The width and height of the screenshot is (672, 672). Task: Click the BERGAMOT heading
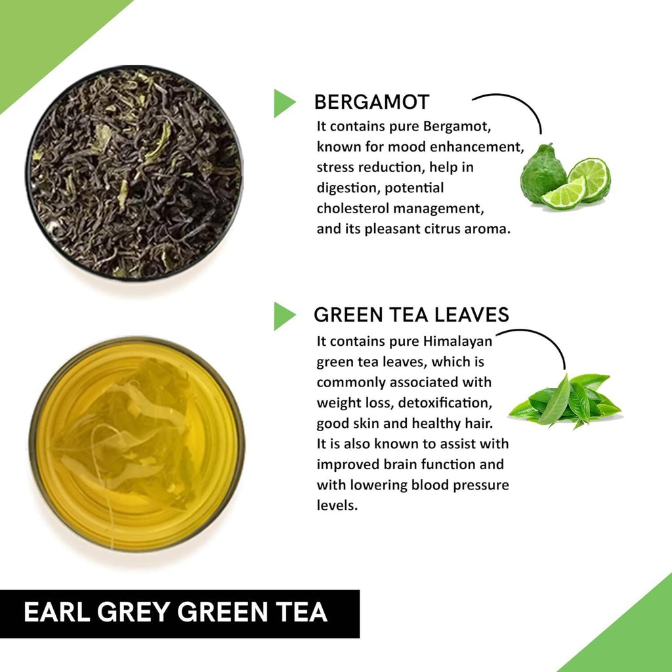coord(371,102)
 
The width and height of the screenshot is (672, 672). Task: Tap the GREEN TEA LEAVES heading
coord(411,315)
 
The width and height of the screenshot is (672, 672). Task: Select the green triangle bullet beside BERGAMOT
coord(283,103)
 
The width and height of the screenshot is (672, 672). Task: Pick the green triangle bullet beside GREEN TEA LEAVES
coord(283,316)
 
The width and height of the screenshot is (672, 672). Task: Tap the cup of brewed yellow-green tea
coord(136,444)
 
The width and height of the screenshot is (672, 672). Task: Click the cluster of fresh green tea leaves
coord(566,399)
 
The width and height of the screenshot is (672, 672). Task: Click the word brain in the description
coord(407,465)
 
